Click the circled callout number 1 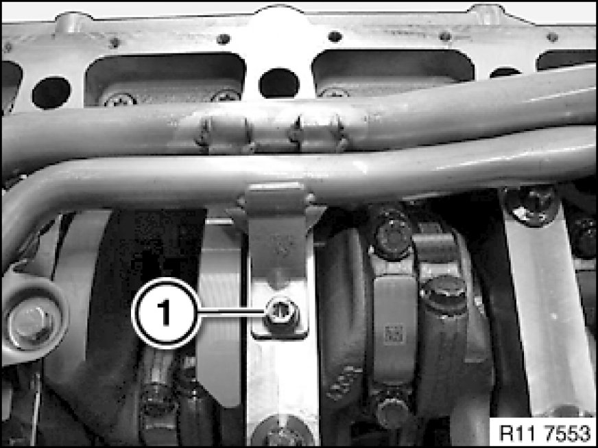(166, 314)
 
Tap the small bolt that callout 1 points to (283, 312)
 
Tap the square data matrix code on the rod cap (394, 335)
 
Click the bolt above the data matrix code (393, 235)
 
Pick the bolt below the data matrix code (393, 412)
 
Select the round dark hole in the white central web (279, 83)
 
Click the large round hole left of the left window (51, 93)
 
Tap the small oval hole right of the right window (505, 72)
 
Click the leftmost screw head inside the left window (119, 99)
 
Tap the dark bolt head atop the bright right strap (531, 205)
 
